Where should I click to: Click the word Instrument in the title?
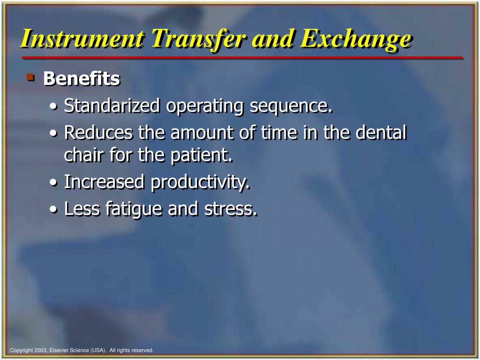point(82,39)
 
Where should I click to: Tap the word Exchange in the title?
point(356,39)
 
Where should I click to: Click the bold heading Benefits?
point(82,79)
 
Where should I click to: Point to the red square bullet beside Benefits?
point(31,76)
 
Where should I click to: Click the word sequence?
point(291,106)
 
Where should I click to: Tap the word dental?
point(381,133)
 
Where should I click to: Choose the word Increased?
point(105,182)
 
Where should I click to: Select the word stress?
point(231,209)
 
